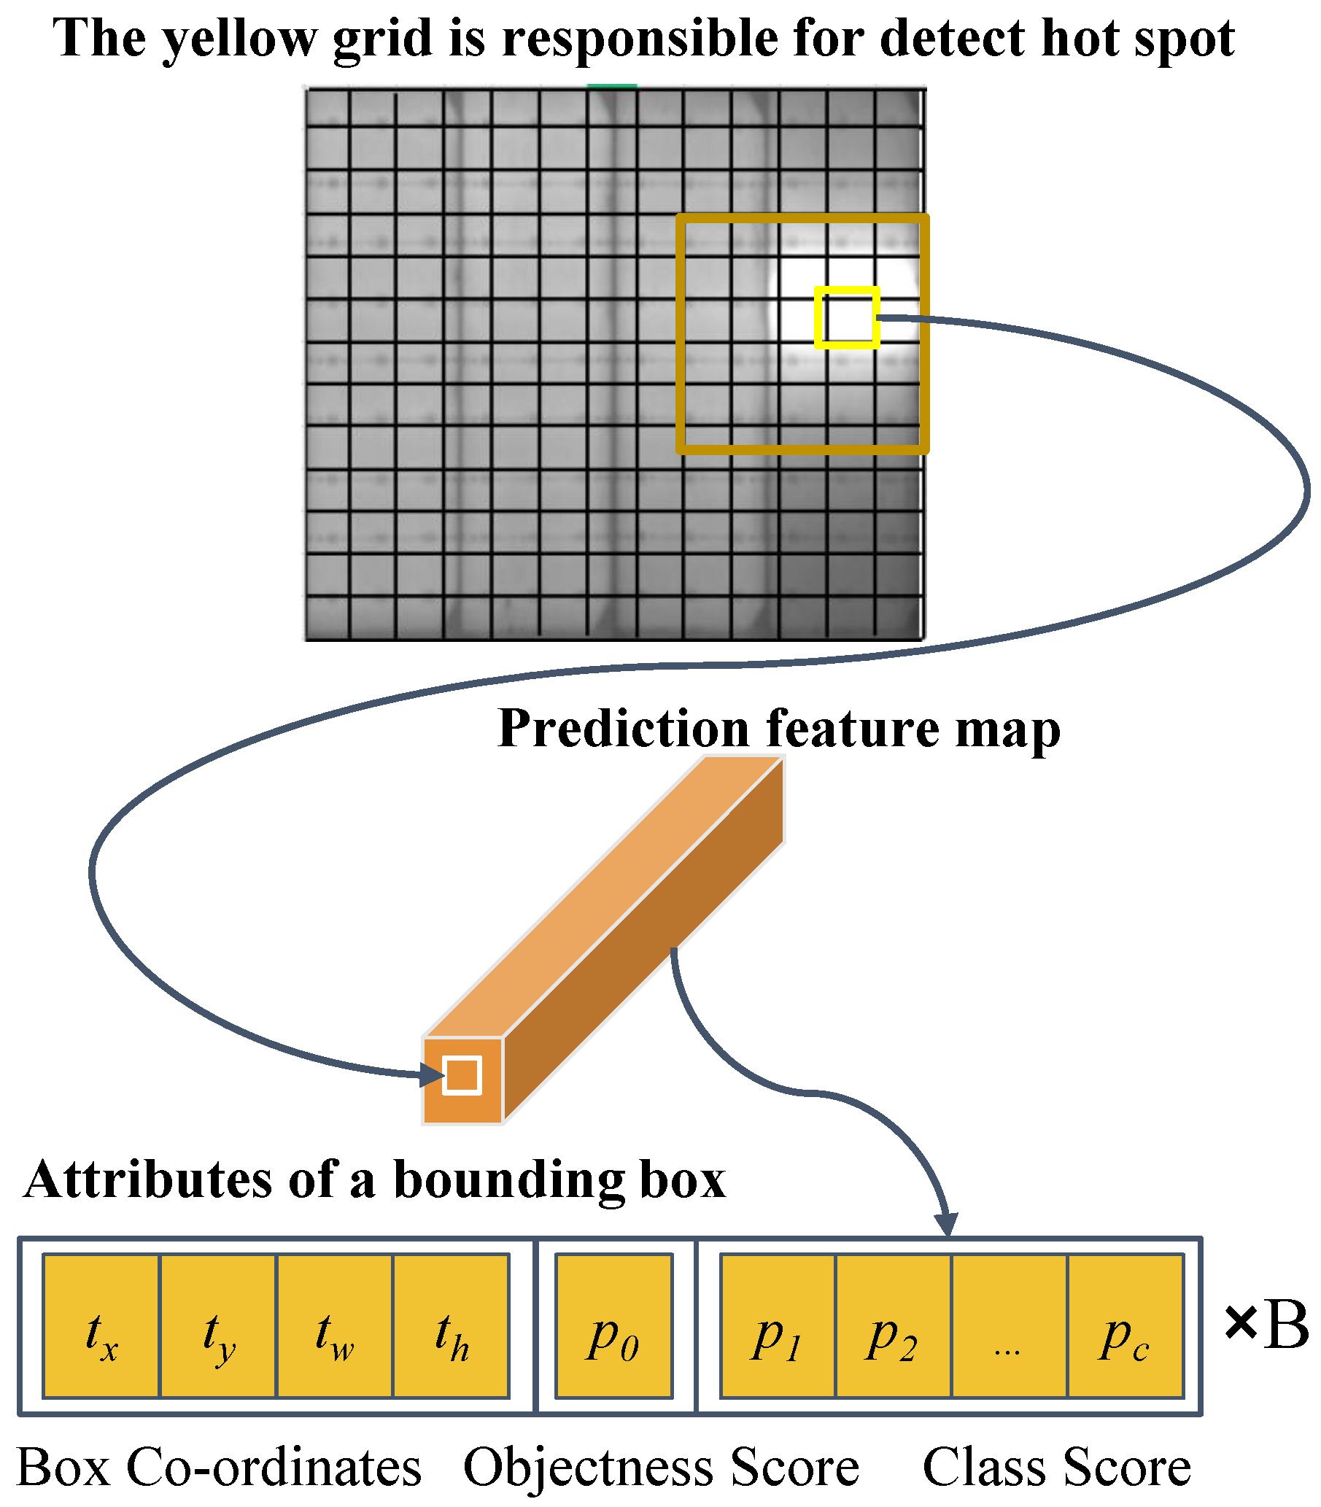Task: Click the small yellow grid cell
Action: (x=847, y=317)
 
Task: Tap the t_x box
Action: (x=101, y=1326)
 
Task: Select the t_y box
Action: (x=218, y=1326)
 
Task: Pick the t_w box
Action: (x=335, y=1326)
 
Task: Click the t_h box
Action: (x=451, y=1326)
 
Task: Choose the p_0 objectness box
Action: (x=614, y=1326)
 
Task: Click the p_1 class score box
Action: (x=778, y=1326)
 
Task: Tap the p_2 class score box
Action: (x=894, y=1326)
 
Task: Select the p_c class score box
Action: (x=1126, y=1326)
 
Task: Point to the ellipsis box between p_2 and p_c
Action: (x=1010, y=1326)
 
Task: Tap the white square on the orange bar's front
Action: (x=462, y=1075)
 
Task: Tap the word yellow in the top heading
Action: (x=239, y=39)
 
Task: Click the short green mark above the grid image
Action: (x=612, y=86)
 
